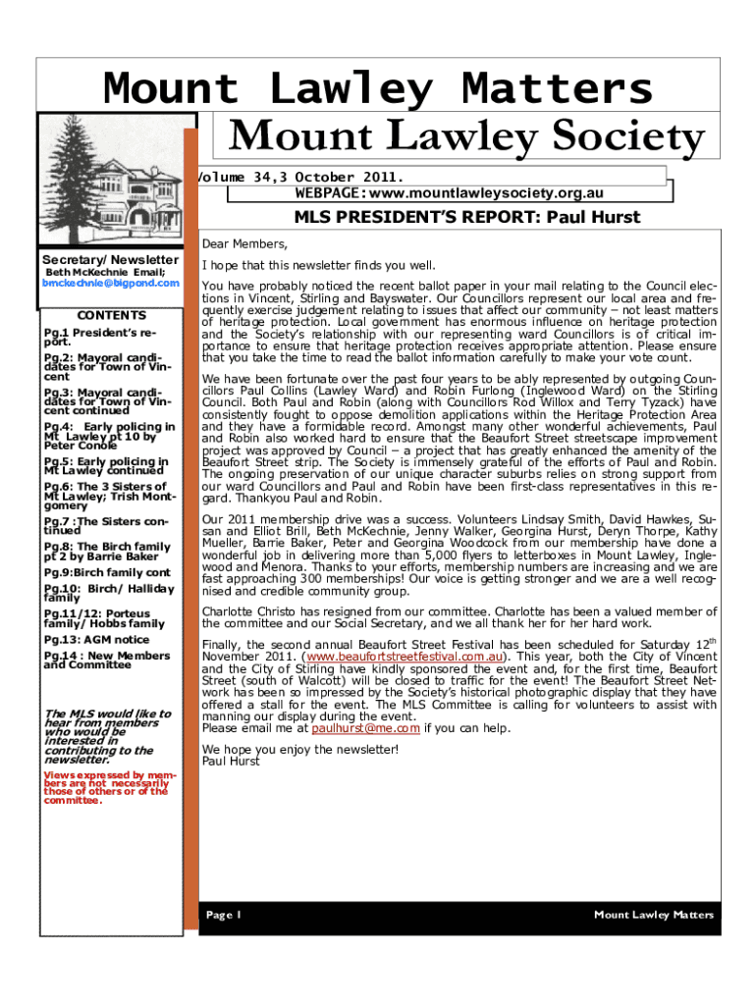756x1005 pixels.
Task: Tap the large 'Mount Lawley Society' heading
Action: click(x=466, y=137)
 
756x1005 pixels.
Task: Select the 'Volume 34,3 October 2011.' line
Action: click(x=299, y=177)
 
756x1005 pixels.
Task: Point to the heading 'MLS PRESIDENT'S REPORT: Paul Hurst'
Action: click(x=459, y=218)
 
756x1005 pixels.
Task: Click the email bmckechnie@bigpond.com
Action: click(x=111, y=283)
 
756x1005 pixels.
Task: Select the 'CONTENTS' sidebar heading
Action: click(x=111, y=315)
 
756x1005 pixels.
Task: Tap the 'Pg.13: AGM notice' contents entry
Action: click(x=96, y=639)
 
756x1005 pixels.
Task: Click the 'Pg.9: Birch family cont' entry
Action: click(x=107, y=572)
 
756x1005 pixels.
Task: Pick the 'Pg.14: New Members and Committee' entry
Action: click(x=107, y=660)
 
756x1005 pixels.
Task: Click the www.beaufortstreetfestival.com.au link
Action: click(x=406, y=656)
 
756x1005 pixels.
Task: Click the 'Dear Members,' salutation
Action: click(x=244, y=243)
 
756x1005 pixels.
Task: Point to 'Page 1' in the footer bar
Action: click(x=224, y=915)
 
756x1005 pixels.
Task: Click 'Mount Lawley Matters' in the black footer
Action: click(x=654, y=915)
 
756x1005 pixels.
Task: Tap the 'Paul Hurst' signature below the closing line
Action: click(x=231, y=761)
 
